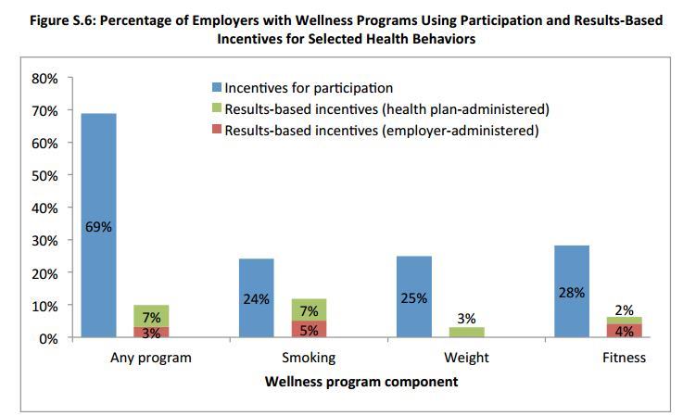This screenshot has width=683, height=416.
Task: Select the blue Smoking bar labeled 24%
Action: click(256, 278)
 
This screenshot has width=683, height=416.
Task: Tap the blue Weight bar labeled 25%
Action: click(413, 278)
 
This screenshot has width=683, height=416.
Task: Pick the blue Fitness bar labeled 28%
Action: click(571, 269)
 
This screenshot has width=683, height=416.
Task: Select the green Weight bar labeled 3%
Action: click(465, 332)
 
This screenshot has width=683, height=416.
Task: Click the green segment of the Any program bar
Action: click(151, 315)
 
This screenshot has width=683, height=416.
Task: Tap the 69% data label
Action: click(98, 226)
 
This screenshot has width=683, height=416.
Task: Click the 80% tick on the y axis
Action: click(44, 79)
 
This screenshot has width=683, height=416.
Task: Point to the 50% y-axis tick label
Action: click(44, 176)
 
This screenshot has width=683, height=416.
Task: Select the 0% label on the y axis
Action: click(48, 339)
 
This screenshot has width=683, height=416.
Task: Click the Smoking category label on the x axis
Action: click(309, 358)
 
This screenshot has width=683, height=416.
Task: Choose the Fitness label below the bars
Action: click(623, 358)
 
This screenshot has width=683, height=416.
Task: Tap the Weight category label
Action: click(465, 358)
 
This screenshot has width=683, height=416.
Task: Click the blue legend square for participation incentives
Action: click(217, 88)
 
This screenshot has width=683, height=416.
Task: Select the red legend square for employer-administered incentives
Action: click(217, 131)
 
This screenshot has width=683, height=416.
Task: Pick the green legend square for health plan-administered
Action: click(217, 109)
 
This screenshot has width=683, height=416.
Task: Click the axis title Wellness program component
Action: click(360, 381)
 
